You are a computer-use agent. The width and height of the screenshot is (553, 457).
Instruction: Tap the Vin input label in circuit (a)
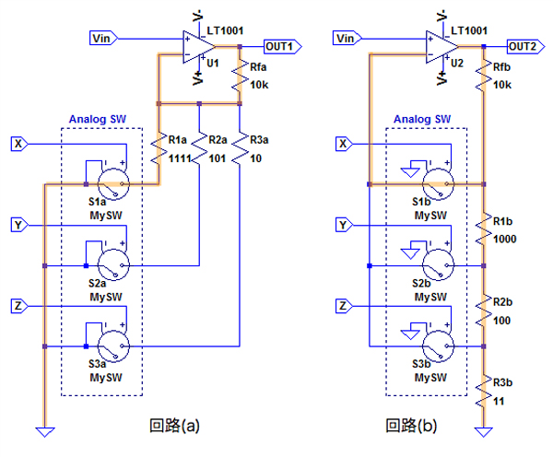103,38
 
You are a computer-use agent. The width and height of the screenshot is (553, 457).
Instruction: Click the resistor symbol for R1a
159,147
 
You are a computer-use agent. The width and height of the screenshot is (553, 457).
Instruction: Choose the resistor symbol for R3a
240,147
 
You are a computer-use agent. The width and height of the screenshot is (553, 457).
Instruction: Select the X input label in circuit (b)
343,143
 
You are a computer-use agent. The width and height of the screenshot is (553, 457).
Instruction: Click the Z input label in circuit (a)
18,305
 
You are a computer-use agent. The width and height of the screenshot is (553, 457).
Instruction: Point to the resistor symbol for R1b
483,225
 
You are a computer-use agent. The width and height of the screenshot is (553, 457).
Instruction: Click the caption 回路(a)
174,426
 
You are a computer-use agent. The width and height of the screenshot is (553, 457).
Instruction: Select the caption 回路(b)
410,426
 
